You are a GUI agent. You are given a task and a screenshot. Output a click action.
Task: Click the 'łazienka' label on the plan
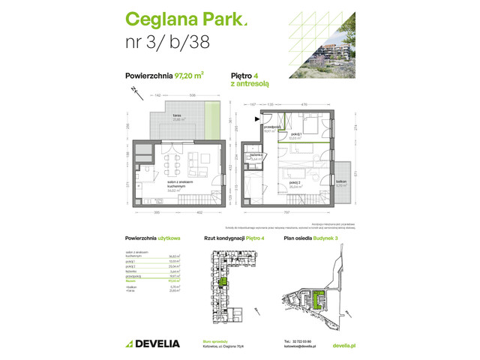[x=256, y=157]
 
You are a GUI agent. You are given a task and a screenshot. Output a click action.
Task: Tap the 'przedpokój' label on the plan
[x=270, y=129]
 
